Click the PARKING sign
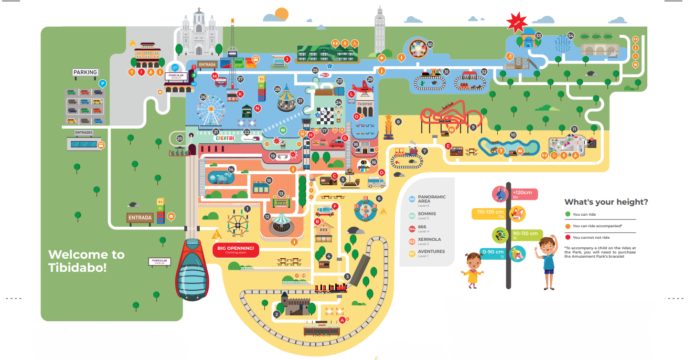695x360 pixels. [x=85, y=72]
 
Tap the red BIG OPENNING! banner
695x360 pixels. [x=236, y=250]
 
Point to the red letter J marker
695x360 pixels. [x=287, y=59]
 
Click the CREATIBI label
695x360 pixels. [x=228, y=138]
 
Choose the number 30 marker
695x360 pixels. [x=430, y=45]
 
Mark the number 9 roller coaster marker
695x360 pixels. [x=473, y=127]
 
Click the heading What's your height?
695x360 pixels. [x=606, y=202]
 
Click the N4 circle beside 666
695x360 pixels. [x=412, y=228]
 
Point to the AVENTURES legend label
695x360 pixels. [x=431, y=251]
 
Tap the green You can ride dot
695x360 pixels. [x=567, y=214]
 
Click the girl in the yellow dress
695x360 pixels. [x=472, y=269]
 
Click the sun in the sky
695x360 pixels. [x=282, y=14]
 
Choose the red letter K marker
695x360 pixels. [x=240, y=94]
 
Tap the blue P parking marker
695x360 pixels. [x=103, y=83]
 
